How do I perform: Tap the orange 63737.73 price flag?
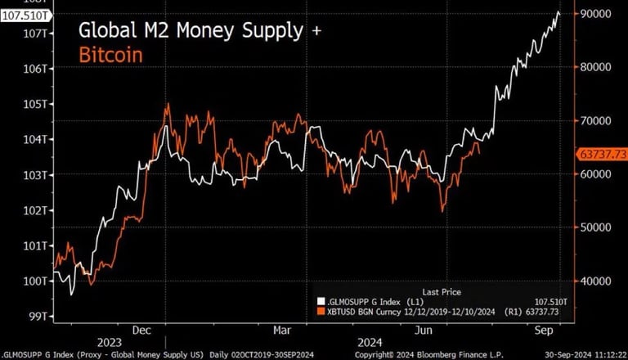pyautogui.click(x=602, y=153)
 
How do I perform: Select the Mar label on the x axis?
pyautogui.click(x=282, y=330)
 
